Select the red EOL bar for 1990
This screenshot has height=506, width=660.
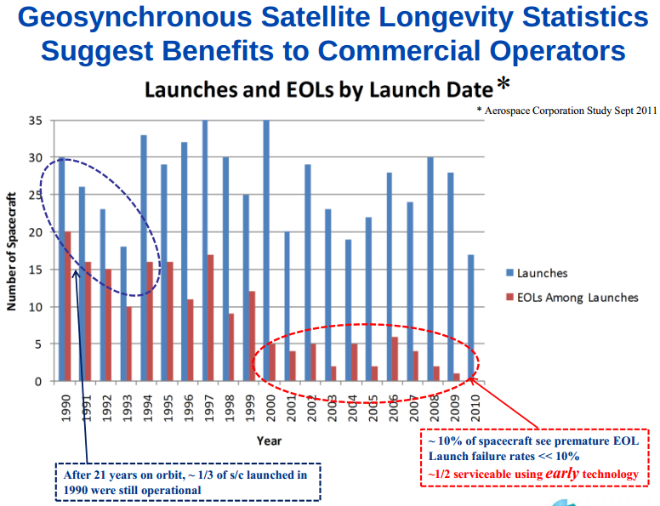tap(66, 306)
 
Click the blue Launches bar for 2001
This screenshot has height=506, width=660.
tap(287, 306)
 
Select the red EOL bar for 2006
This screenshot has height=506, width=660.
tap(395, 358)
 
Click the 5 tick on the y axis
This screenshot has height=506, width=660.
tap(38, 344)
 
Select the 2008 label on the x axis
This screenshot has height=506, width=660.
tap(430, 407)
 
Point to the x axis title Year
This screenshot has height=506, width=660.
tap(270, 441)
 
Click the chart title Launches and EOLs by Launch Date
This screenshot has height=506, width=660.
tap(318, 89)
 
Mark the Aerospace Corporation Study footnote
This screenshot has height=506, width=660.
tap(566, 111)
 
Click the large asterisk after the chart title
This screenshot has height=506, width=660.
tap(504, 86)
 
